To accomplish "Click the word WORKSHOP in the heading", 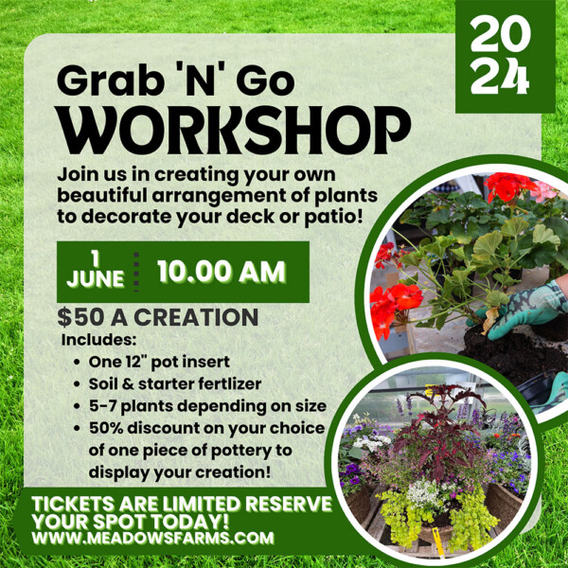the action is (x=234, y=130).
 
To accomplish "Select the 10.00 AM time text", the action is (x=222, y=272).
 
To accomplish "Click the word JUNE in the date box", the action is (x=96, y=278).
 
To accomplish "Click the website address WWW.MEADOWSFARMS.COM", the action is (x=152, y=537).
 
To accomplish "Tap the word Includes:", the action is (x=98, y=340).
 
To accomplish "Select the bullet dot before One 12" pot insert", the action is (x=77, y=362).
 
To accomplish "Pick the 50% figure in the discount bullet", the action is (x=106, y=428).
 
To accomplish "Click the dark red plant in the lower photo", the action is (x=441, y=431).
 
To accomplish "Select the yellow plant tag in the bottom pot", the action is (x=439, y=542).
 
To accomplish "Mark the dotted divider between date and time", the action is (x=136, y=272).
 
